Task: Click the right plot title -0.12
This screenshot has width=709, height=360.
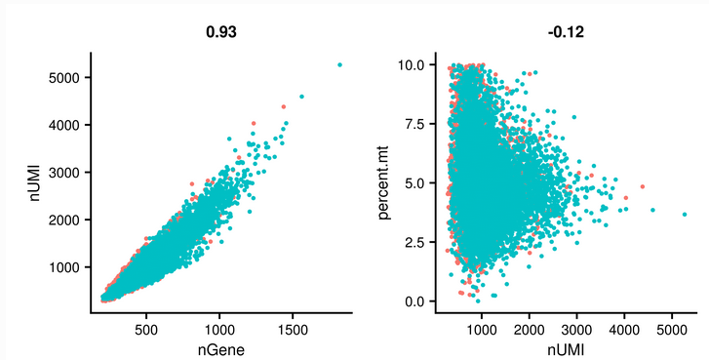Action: click(x=566, y=32)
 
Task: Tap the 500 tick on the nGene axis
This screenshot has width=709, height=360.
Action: click(x=146, y=329)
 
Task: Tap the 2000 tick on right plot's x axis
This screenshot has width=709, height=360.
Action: click(x=529, y=329)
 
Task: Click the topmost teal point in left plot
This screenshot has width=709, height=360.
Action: click(x=339, y=64)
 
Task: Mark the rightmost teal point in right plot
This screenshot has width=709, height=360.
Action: click(x=685, y=214)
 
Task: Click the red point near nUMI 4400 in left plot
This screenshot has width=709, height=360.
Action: click(x=284, y=106)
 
